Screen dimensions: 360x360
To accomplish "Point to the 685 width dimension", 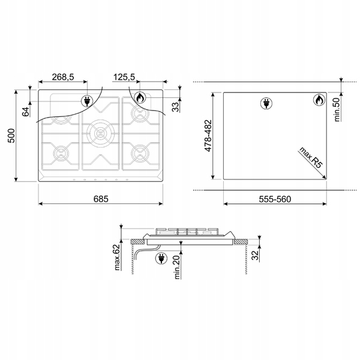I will pyautogui.click(x=100, y=199).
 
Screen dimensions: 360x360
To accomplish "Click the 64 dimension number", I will pyautogui.click(x=26, y=111).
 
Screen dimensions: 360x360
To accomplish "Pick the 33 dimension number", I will pyautogui.click(x=176, y=107).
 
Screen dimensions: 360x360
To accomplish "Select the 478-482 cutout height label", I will pyautogui.click(x=208, y=136).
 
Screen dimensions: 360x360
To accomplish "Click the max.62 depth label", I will pyautogui.click(x=118, y=257).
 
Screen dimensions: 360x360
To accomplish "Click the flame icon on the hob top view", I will pyautogui.click(x=139, y=98).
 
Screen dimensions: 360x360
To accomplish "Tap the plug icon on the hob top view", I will pyautogui.click(x=88, y=100).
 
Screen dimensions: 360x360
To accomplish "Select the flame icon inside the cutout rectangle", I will pyautogui.click(x=318, y=100).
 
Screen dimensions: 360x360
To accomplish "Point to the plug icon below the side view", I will pyautogui.click(x=161, y=258).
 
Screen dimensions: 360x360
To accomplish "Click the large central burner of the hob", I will pyautogui.click(x=99, y=132).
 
